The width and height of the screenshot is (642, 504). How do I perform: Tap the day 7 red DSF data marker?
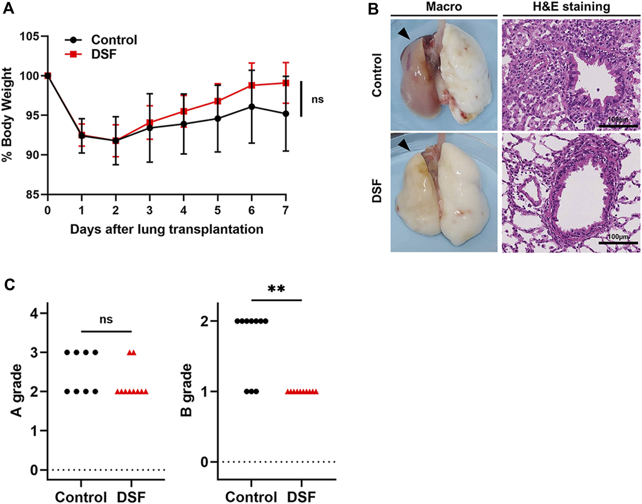[x=286, y=83]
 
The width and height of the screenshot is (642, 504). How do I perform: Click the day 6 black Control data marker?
[x=252, y=107]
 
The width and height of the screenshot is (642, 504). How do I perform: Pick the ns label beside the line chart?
[x=317, y=100]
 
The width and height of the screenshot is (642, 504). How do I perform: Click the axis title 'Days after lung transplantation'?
[x=167, y=229]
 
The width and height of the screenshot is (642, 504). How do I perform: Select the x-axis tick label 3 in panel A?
[x=149, y=210]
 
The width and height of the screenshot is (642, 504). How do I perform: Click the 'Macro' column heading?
[x=444, y=7]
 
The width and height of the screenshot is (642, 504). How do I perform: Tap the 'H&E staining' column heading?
[x=572, y=7]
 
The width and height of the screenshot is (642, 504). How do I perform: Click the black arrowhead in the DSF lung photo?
[x=404, y=145]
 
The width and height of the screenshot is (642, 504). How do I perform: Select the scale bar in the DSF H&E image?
[x=618, y=243]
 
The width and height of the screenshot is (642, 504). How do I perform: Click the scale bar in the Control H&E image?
[x=618, y=126]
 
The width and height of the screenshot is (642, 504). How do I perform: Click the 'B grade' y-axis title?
[x=187, y=390]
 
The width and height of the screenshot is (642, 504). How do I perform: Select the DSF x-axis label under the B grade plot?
[x=302, y=497]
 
